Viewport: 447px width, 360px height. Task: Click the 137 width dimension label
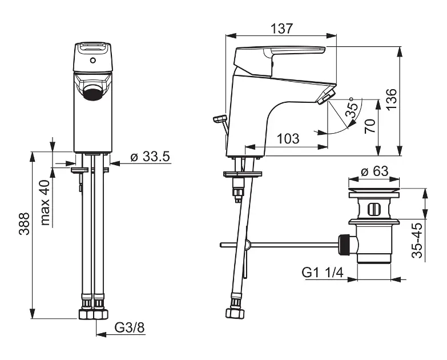[x=281, y=29]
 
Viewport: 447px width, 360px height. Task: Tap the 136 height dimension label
[x=392, y=99]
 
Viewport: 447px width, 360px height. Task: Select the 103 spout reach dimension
[x=288, y=139]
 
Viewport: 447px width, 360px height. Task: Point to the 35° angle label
[x=352, y=107]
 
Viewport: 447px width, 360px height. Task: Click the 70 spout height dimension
[x=370, y=126]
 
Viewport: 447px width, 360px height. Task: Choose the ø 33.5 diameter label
[x=150, y=157]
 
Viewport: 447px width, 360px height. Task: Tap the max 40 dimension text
[x=45, y=202]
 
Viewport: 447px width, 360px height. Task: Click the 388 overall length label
[x=24, y=223]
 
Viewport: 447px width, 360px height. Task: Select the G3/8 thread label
[x=130, y=328]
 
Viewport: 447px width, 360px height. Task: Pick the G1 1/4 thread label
[x=323, y=273]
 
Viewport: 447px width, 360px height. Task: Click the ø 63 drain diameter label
[x=374, y=171]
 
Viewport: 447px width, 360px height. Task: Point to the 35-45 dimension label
[x=417, y=241]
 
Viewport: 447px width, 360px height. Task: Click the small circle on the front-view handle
[x=92, y=61]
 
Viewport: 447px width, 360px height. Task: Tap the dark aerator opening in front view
[x=93, y=94]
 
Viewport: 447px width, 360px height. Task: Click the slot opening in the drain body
[x=373, y=210]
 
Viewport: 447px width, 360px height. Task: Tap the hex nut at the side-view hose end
[x=235, y=313]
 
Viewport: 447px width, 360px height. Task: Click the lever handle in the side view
[x=279, y=60]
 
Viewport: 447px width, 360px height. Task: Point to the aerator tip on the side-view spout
[x=326, y=96]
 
